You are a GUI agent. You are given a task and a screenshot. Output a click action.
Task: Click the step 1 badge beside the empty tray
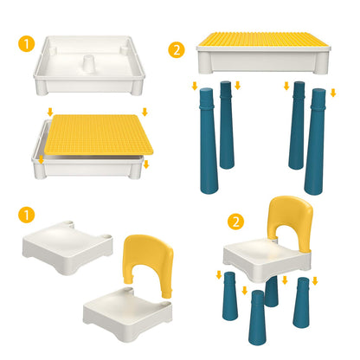26,43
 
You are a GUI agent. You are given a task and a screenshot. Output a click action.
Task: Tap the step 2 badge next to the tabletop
177,50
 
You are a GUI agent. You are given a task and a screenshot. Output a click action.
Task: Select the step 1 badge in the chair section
26,215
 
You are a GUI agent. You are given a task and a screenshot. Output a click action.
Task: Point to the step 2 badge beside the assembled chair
235,222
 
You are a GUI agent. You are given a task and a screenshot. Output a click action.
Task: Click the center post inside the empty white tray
89,65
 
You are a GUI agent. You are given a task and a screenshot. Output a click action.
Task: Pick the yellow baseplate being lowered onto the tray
99,135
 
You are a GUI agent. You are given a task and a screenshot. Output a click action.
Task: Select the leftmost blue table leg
209,140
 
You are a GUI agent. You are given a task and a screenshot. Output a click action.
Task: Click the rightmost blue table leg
315,141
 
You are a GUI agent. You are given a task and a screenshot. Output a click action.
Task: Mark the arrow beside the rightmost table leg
333,93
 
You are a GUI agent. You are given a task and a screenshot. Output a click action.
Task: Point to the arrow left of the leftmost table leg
195,86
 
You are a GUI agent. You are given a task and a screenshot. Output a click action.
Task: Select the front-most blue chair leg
257,318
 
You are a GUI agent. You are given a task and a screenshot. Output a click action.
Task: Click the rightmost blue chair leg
301,303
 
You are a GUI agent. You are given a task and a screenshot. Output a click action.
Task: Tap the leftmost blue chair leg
230,296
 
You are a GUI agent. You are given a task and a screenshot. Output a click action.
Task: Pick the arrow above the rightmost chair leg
315,281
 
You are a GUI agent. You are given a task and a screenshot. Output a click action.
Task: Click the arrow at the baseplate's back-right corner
145,112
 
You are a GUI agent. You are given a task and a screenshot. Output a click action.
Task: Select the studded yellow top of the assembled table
263,39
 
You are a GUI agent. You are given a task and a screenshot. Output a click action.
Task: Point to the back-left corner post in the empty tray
52,51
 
